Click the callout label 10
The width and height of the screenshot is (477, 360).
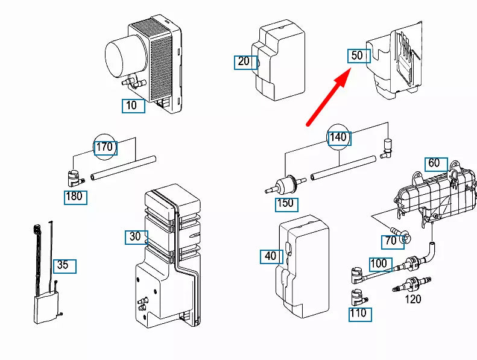click(x=132, y=106)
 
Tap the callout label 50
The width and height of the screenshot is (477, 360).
click(x=358, y=55)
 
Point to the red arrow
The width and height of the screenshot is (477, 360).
click(x=329, y=96)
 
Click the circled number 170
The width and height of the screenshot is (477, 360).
click(x=105, y=147)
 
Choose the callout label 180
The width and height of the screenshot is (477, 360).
click(x=75, y=197)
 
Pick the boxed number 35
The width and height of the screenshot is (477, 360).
click(x=63, y=265)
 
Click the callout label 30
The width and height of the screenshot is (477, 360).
click(x=136, y=237)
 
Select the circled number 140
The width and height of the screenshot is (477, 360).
click(x=338, y=137)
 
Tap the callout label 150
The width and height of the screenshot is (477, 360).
click(x=285, y=203)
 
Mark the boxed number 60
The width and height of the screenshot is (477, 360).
click(x=434, y=163)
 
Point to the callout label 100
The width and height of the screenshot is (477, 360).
click(x=379, y=264)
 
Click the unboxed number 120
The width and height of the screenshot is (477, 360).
click(x=412, y=298)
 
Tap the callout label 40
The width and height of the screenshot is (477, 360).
click(x=271, y=256)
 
